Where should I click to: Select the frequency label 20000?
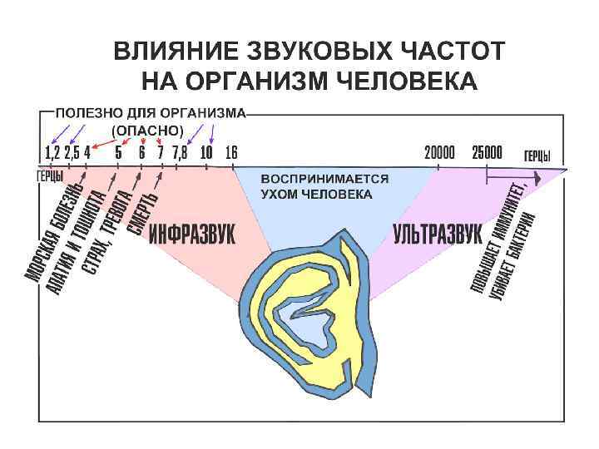coord(439,153)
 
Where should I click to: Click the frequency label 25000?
coord(487,153)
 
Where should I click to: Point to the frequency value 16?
coord(231,153)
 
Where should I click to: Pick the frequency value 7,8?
coord(181,153)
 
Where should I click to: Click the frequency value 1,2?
coord(52,153)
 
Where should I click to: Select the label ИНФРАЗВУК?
coord(192,235)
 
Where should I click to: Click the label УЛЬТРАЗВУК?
coord(438,234)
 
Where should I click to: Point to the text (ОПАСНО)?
coord(147,131)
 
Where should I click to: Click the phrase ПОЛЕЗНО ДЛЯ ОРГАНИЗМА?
coord(151,111)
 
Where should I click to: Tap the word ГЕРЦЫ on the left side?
coord(51,175)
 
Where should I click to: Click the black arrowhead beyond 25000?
coord(539,176)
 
